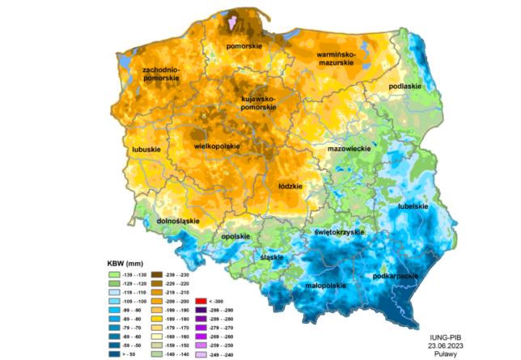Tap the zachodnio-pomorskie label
pyautogui.click(x=160, y=74)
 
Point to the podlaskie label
pyautogui.click(x=404, y=86)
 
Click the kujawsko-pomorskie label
pyautogui.click(x=258, y=103)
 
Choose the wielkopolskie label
pyautogui.click(x=218, y=146)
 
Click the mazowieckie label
pyautogui.click(x=349, y=150)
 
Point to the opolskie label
pyautogui.click(x=235, y=236)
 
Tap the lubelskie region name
pyautogui.click(x=413, y=206)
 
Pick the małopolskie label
pyautogui.click(x=327, y=286)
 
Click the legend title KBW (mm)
pyautogui.click(x=126, y=264)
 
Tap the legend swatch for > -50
pyautogui.click(x=114, y=354)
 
